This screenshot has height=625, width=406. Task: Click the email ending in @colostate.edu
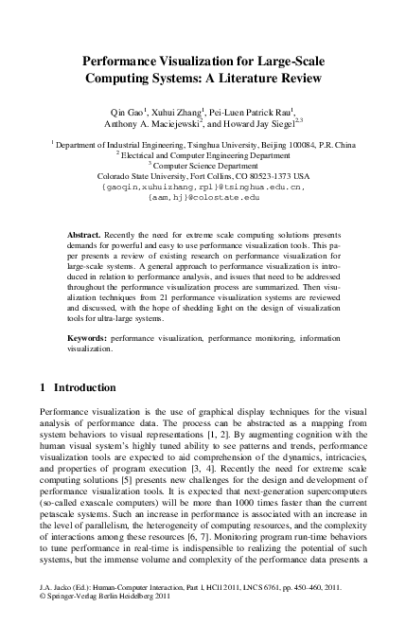203,198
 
